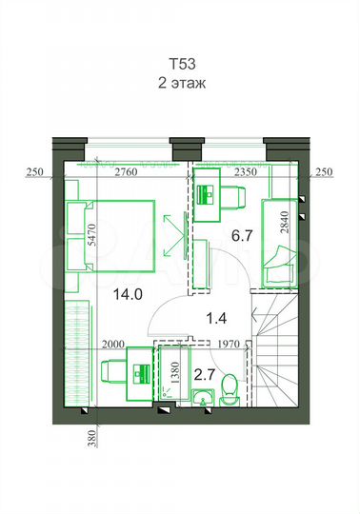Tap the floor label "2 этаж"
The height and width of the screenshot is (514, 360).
(x=181, y=83)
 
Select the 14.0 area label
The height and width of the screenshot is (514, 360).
(x=124, y=294)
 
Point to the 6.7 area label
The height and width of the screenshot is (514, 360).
(x=241, y=234)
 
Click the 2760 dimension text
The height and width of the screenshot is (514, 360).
(x=127, y=172)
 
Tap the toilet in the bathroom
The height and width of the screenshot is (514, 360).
(x=228, y=390)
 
